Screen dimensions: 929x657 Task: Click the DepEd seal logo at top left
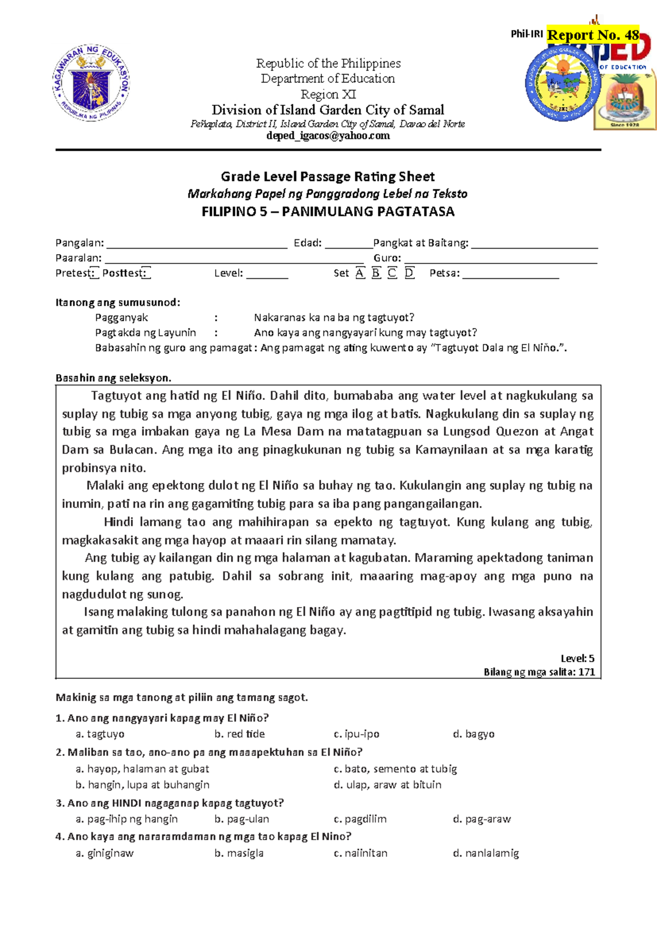91,83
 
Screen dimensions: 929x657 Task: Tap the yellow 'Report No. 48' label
593,35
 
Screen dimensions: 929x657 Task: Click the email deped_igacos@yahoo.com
328,136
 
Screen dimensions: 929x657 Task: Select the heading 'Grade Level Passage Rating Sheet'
327,176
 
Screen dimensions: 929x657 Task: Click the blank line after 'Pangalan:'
197,244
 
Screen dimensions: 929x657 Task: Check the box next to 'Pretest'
94,273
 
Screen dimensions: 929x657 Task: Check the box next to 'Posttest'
146,273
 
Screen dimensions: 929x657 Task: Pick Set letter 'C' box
392,273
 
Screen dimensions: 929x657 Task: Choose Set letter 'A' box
360,273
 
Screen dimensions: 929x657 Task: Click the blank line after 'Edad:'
349,244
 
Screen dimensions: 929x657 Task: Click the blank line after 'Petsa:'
510,274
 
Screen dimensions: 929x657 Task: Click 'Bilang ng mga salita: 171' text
539,672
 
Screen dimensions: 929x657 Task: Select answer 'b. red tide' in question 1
240,734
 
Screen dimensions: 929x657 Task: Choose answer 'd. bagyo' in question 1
474,734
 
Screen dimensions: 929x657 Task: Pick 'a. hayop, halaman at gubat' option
142,769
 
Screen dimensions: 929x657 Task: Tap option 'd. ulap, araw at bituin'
388,785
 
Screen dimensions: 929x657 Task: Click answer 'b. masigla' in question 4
239,853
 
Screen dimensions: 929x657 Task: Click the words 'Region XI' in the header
328,94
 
